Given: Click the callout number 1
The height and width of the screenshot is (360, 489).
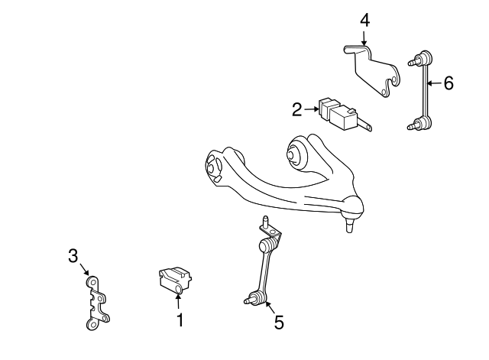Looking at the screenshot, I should click(x=180, y=320).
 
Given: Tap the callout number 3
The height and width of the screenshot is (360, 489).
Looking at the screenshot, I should click(x=73, y=255).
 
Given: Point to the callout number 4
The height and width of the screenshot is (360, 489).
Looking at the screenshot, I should click(x=364, y=21).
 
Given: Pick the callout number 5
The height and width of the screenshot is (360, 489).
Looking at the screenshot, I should click(x=278, y=323).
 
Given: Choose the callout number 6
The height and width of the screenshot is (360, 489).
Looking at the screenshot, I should click(x=448, y=83).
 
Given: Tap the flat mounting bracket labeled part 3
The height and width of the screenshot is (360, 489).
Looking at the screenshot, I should click(x=95, y=303).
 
